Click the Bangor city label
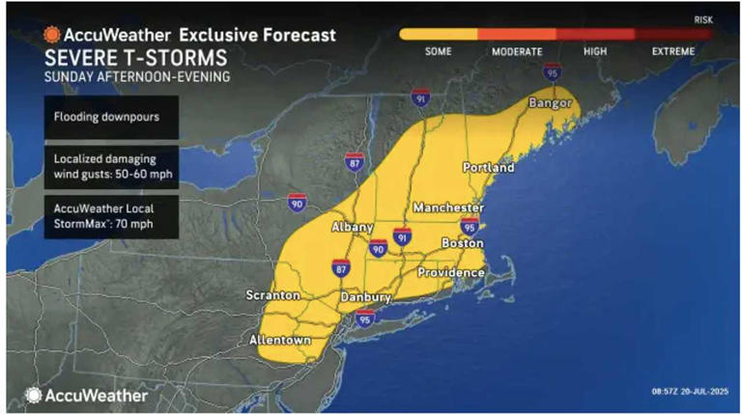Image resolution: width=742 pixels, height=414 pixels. point(549,102)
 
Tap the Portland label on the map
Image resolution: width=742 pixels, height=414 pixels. point(488,167)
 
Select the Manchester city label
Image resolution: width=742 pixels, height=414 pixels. point(447,208)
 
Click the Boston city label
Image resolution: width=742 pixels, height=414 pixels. point(462,244)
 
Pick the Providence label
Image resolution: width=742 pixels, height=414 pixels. point(450,273)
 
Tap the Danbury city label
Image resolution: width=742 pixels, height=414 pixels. point(364,297)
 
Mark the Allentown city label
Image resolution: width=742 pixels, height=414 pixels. point(280,341)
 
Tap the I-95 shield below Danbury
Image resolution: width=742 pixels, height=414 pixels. point(364,317)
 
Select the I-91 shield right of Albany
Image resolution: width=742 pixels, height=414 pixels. point(402,235)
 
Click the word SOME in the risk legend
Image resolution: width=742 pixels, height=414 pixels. point(439,51)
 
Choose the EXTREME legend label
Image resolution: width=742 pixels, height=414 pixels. point(672,51)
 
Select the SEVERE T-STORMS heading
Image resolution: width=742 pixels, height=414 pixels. point(123,57)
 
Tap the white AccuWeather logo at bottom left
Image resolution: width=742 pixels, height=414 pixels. point(87,395)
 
